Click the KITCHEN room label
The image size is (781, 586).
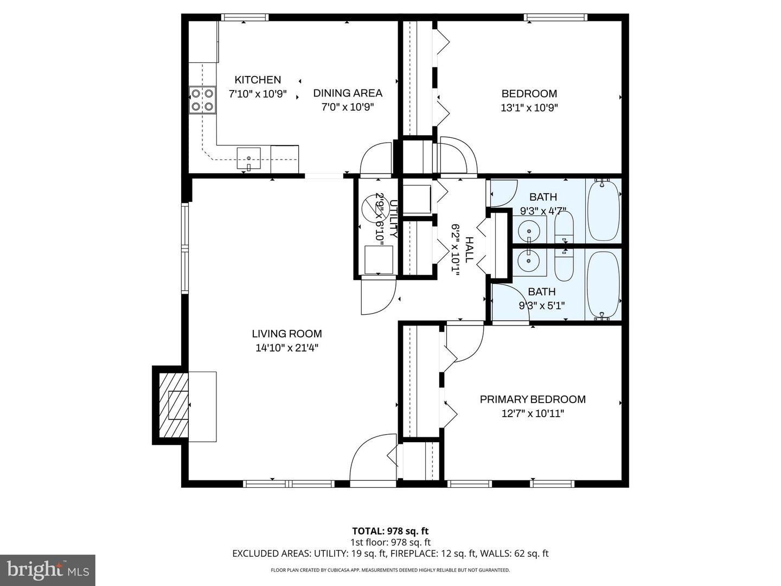258,80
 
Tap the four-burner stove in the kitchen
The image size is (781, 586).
202,100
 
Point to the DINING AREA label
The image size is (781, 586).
348,93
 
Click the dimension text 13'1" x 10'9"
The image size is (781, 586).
529,107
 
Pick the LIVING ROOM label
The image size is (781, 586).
286,334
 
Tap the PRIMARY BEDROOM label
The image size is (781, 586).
533,399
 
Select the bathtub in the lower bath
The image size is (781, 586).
604,284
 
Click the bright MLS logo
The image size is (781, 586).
48,570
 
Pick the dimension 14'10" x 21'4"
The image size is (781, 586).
286,348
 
